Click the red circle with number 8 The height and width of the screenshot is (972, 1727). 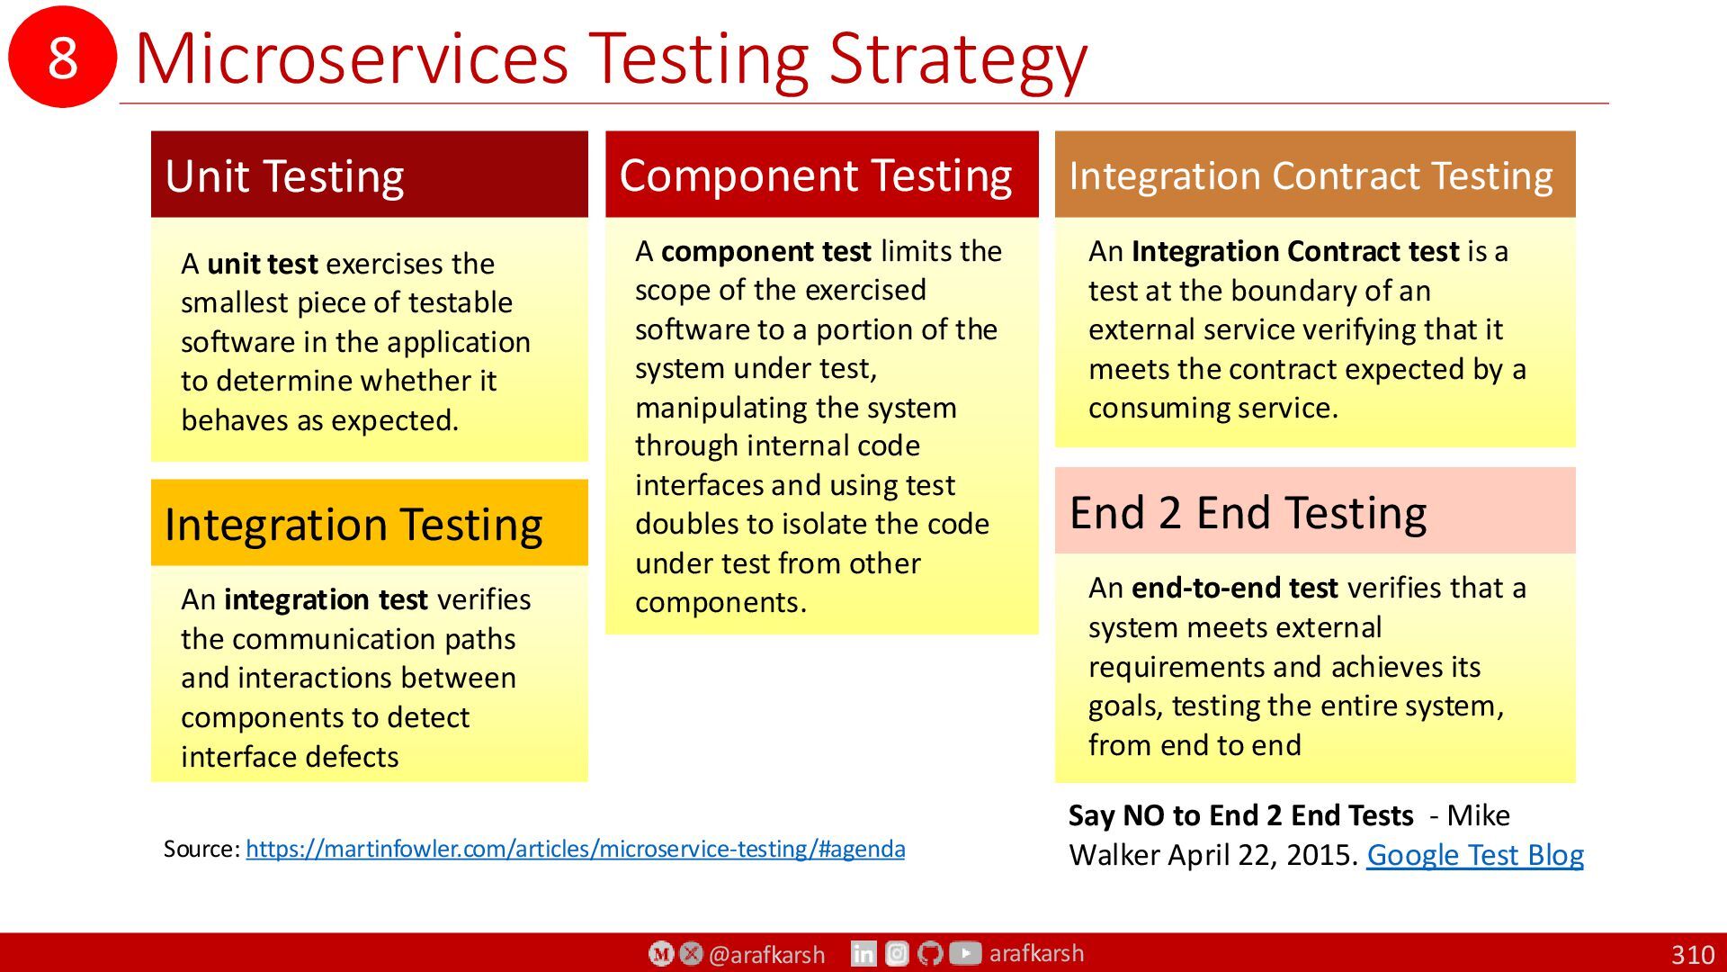pyautogui.click(x=62, y=57)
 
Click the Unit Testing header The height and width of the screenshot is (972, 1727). pyautogui.click(x=370, y=174)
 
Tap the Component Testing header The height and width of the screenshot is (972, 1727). pyautogui.click(x=821, y=174)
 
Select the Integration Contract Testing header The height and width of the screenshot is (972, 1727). pyautogui.click(x=1315, y=174)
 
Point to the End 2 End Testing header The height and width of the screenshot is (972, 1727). pyautogui.click(x=1315, y=510)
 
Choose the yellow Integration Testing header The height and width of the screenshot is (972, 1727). pyautogui.click(x=370, y=523)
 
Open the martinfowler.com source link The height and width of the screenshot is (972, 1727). pyautogui.click(x=576, y=849)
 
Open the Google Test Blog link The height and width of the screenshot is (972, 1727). pyautogui.click(x=1475, y=855)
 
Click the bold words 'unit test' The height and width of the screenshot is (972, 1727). pyautogui.click(x=262, y=264)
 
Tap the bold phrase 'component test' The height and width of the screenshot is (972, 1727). pyautogui.click(x=766, y=251)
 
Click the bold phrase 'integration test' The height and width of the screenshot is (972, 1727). pyautogui.click(x=326, y=599)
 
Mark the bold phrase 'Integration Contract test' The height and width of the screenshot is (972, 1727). pyautogui.click(x=1295, y=251)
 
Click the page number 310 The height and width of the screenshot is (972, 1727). pyautogui.click(x=1693, y=955)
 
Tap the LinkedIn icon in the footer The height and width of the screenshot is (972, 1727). pyautogui.click(x=863, y=953)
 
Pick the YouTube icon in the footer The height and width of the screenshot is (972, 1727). pyautogui.click(x=965, y=952)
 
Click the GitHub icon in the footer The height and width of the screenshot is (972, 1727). pyautogui.click(x=931, y=953)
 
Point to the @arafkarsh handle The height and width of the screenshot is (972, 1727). pyautogui.click(x=766, y=955)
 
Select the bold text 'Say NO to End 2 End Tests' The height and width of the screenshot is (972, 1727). pyautogui.click(x=1241, y=815)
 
